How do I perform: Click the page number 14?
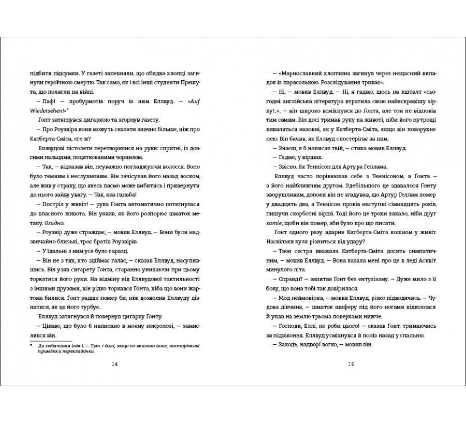[x=115, y=364]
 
